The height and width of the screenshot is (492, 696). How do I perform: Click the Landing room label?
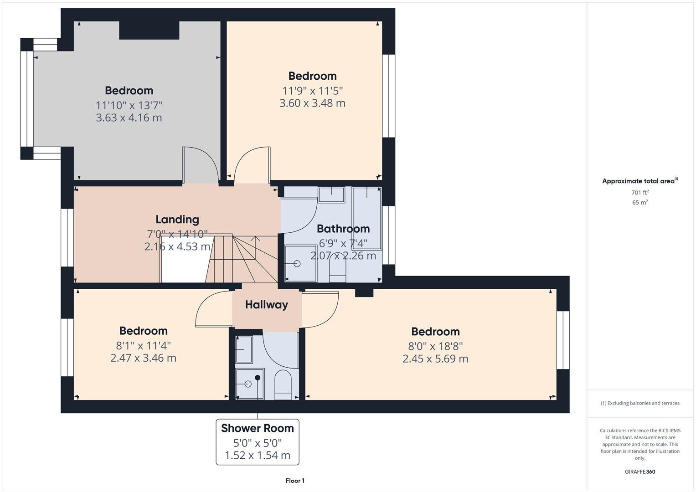[x=177, y=220]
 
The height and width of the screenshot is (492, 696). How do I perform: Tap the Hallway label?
[x=267, y=305]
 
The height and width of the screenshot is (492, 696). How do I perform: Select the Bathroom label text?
[x=343, y=229]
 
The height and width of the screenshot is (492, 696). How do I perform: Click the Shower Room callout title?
[x=258, y=428]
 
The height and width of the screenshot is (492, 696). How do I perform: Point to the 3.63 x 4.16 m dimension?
[x=129, y=118]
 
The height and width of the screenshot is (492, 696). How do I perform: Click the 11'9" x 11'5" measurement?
[x=312, y=90]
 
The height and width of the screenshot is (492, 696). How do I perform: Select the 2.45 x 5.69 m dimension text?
[x=435, y=359]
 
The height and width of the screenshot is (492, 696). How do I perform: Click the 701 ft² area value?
[x=640, y=193]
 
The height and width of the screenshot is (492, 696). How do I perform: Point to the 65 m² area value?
[x=640, y=203]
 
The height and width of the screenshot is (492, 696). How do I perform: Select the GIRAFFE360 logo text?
[x=640, y=471]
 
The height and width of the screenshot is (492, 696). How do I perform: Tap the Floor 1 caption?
[x=295, y=481]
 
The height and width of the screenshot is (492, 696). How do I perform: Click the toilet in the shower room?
[x=283, y=385]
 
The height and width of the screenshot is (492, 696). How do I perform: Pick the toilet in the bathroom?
[x=338, y=271]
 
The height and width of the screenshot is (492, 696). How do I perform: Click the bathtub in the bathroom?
[x=366, y=218]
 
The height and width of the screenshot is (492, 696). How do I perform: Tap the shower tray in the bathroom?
[x=300, y=263]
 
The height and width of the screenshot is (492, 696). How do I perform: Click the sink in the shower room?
[x=244, y=349]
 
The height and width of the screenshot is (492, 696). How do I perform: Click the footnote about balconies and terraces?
[x=640, y=403]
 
